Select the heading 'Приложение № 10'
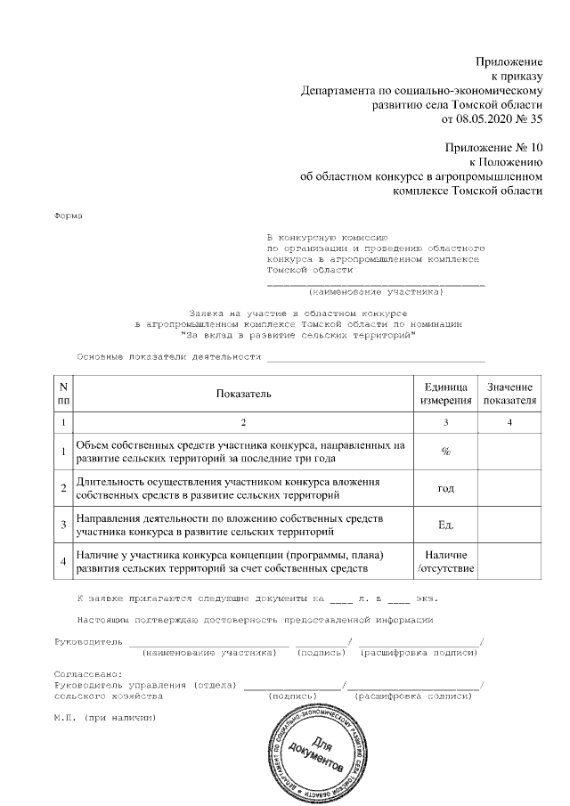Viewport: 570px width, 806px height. click(495, 147)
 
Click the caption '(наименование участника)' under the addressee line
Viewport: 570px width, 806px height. click(375, 291)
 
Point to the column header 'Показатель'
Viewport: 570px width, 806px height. click(242, 394)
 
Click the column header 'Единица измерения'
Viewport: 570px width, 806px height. click(445, 394)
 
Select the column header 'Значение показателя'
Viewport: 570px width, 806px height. click(509, 394)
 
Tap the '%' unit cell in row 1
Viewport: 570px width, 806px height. click(445, 452)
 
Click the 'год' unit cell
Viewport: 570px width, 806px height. click(445, 488)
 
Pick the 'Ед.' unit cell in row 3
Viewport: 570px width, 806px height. click(445, 525)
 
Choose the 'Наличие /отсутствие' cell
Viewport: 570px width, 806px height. click(445, 562)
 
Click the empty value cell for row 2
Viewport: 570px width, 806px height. click(509, 488)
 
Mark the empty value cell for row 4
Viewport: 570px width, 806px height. click(509, 562)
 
